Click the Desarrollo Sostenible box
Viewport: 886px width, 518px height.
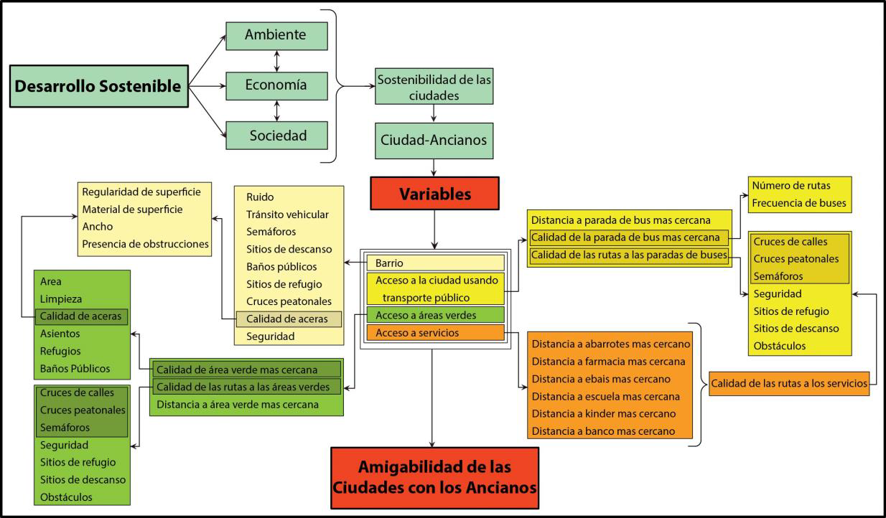98,86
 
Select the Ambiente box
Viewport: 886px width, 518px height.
276,34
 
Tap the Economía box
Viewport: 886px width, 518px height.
276,85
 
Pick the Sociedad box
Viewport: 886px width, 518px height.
276,135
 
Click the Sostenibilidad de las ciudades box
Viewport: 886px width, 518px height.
434,86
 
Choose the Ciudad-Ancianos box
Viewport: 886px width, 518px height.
434,140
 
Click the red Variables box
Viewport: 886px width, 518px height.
434,194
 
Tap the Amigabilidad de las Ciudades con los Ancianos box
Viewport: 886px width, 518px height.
434,477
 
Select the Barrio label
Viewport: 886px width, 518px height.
434,263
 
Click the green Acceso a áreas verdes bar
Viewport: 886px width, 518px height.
434,315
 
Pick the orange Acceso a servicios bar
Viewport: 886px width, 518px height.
434,333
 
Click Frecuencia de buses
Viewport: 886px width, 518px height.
798,203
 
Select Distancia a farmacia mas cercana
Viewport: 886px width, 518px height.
609,362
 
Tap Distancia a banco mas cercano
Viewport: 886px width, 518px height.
603,431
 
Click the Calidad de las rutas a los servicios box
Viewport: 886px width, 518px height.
789,384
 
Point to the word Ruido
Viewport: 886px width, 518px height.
260,197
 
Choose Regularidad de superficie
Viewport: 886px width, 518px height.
141,192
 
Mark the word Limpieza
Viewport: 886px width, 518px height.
61,298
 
